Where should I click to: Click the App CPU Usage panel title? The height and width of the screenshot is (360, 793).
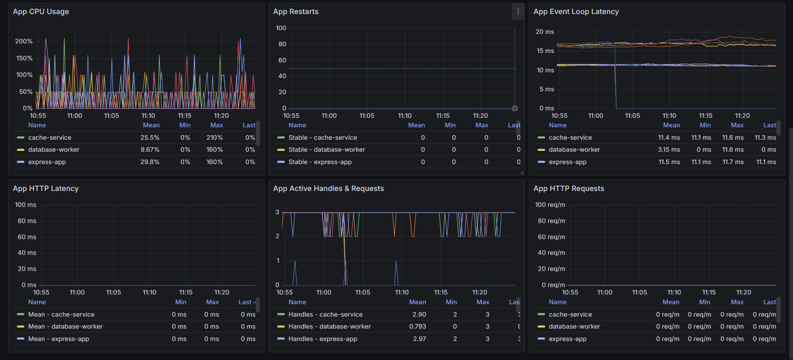point(41,12)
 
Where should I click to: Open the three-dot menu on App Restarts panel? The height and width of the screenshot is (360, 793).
point(518,12)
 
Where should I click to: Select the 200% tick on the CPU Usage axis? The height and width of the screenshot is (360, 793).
point(24,41)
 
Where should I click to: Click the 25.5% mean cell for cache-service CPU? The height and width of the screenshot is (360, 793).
point(150,138)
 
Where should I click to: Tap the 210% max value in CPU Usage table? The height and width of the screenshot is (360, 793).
point(214,138)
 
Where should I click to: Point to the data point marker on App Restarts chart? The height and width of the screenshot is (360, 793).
point(514,108)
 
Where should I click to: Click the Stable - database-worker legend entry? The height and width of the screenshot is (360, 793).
point(326,150)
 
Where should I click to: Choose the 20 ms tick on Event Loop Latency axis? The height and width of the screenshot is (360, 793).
point(545,32)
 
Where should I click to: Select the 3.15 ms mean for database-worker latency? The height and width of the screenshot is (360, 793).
point(669,150)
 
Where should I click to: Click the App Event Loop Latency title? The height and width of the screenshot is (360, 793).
point(576,12)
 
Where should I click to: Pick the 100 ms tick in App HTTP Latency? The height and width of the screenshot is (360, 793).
point(26,205)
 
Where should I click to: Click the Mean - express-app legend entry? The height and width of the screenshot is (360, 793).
point(59,339)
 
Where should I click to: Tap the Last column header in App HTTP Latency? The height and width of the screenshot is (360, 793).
point(245,302)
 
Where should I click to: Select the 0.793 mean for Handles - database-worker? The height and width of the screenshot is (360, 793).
point(417,327)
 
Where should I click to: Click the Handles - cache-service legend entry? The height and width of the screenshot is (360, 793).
point(325,315)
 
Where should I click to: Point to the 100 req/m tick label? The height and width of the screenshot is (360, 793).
point(550,205)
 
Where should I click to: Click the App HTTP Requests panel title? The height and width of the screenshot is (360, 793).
point(569,188)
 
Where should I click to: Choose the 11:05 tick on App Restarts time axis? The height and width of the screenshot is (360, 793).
point(367,116)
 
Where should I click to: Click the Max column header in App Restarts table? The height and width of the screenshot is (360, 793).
point(482,125)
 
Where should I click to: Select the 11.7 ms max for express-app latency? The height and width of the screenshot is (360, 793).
point(733,162)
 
